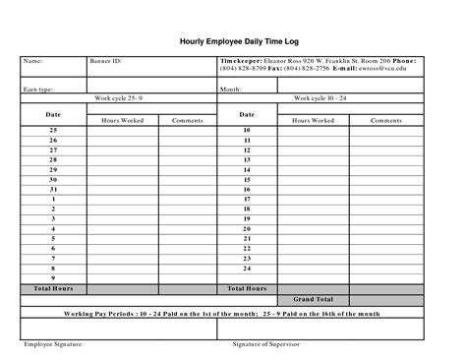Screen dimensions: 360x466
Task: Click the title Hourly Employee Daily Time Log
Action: coord(232,42)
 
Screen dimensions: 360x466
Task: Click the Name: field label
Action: coord(32,61)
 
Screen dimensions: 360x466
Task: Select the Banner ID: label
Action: coord(106,61)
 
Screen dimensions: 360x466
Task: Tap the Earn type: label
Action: coord(38,89)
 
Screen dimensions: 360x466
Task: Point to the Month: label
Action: coord(231,89)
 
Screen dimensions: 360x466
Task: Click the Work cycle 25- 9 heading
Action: coord(119,98)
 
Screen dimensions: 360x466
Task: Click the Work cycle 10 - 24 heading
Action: coord(320,98)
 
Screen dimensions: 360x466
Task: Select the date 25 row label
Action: coord(53,130)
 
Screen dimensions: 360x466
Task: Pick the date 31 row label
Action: coord(53,189)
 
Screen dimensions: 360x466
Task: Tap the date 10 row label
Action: coord(247,130)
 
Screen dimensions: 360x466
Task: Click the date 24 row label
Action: coord(247,268)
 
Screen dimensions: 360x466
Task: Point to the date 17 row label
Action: coord(247,199)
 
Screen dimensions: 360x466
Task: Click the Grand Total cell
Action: coord(313,299)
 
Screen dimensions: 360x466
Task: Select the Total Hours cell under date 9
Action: coord(53,288)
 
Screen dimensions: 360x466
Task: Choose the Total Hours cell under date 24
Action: coord(247,288)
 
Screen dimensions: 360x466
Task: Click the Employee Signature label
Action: coord(53,344)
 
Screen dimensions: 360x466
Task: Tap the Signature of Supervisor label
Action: coord(265,344)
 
